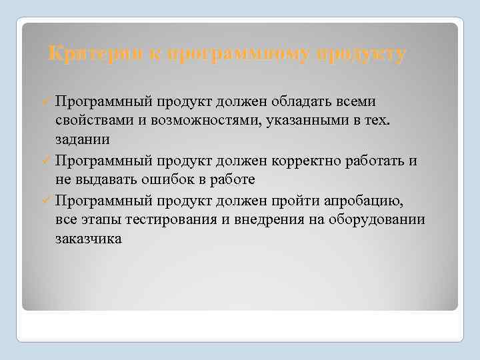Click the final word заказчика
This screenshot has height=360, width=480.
coord(89,239)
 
